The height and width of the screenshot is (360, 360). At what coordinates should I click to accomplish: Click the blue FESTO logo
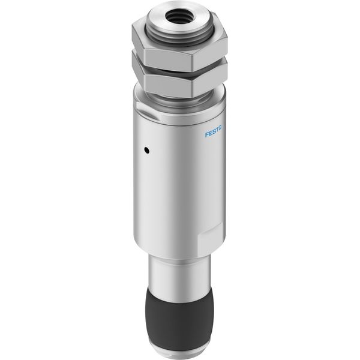tap(213, 131)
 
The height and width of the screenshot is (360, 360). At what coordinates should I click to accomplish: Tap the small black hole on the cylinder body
tap(146, 151)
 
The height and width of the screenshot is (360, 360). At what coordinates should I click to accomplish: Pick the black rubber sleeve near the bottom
tap(179, 322)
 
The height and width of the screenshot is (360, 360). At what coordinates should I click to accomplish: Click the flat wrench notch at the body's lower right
tap(211, 239)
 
